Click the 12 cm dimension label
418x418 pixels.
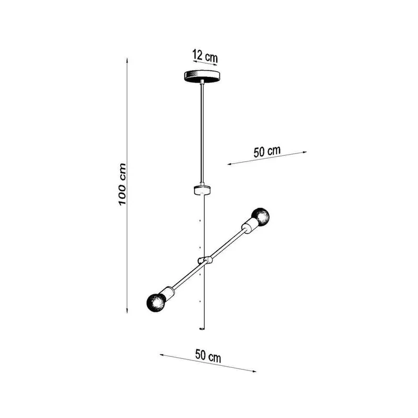(x=205, y=56)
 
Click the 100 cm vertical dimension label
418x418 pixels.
(x=122, y=184)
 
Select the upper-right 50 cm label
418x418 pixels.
(x=267, y=151)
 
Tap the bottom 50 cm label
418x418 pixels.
(x=208, y=356)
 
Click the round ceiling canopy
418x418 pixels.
(x=202, y=76)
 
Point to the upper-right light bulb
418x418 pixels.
(x=260, y=217)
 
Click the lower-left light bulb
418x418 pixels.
(x=156, y=303)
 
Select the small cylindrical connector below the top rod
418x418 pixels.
(x=202, y=190)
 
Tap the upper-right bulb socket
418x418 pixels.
(x=249, y=226)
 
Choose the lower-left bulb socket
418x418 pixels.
(x=168, y=294)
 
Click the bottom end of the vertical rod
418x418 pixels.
(x=202, y=329)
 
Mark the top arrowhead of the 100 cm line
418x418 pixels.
(x=127, y=60)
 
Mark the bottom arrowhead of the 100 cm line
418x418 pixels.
(x=127, y=310)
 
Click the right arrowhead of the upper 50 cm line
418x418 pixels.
(x=304, y=152)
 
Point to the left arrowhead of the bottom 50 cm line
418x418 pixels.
(x=162, y=355)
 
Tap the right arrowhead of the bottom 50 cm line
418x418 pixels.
(x=253, y=371)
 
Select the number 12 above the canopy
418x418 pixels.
(x=198, y=54)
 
